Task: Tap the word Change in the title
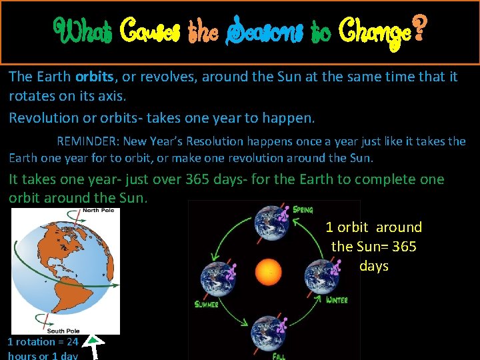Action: (375, 31)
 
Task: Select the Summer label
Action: (207, 305)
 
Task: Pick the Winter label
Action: (337, 300)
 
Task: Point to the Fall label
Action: (279, 357)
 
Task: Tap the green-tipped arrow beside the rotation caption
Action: (97, 347)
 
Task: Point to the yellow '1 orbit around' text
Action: (373, 227)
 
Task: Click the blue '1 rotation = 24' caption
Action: (43, 342)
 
